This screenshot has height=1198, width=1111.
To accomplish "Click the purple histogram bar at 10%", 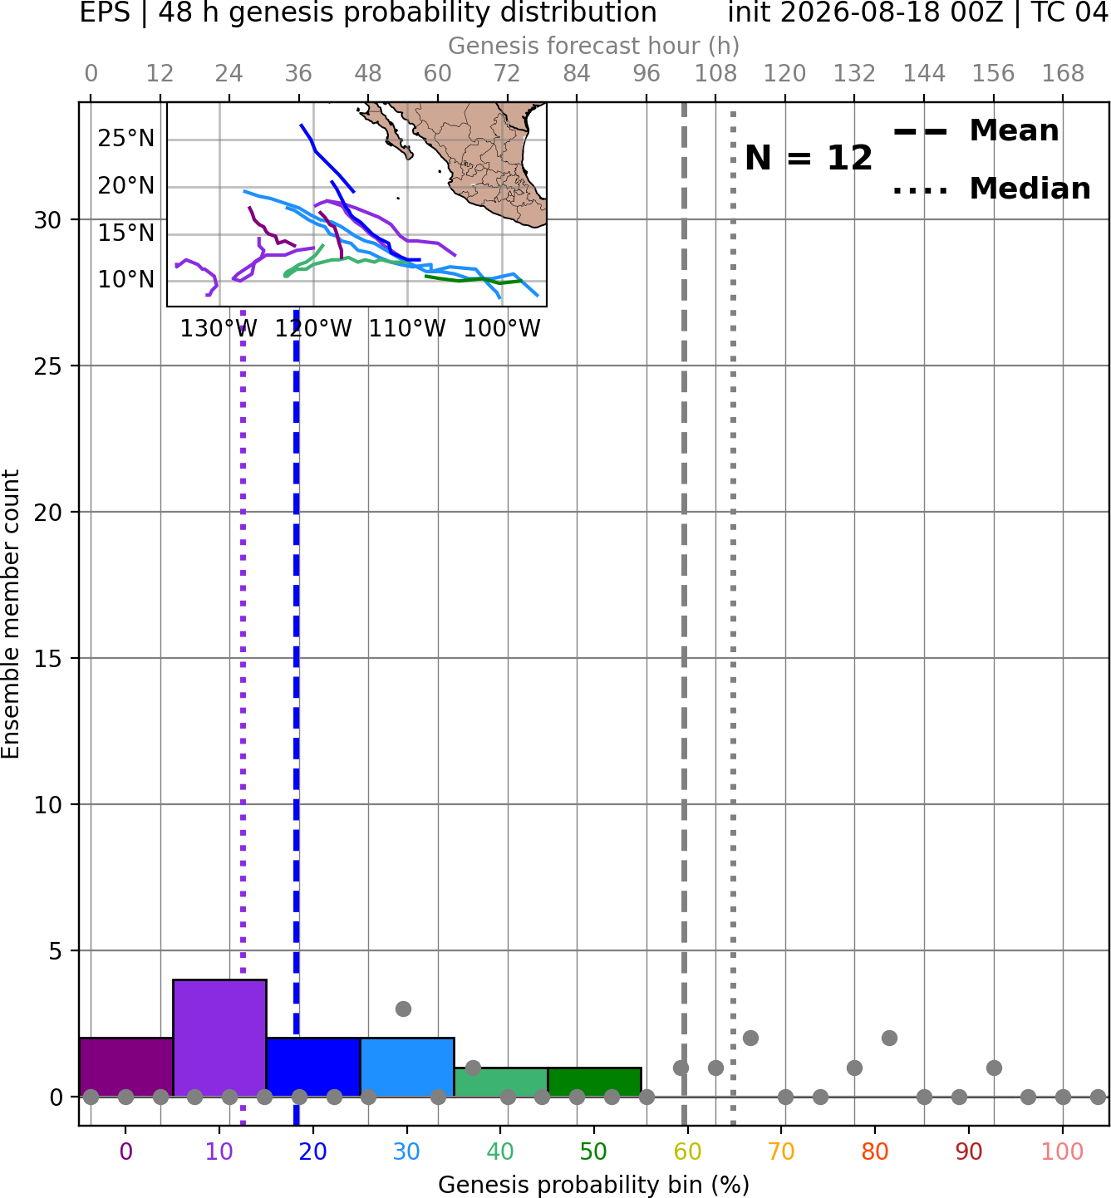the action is (219, 1038).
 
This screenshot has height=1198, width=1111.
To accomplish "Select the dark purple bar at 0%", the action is (126, 1067).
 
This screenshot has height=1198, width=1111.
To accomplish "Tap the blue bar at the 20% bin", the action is (313, 1067).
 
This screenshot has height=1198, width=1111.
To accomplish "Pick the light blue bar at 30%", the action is (407, 1067).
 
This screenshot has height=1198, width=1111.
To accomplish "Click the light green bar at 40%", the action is (501, 1083).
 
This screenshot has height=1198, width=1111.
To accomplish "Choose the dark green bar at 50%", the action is (594, 1083).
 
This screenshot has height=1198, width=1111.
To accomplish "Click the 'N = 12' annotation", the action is (809, 158).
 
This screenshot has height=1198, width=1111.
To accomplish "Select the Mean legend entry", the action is (976, 131).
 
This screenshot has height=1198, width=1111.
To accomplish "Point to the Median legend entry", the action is (991, 189).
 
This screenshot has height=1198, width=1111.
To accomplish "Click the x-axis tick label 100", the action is (1063, 1151).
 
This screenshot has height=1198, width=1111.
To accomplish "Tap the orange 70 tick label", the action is (781, 1151).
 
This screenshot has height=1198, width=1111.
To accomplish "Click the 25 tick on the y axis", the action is (47, 366).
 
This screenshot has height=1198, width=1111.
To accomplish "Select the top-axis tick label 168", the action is (1064, 74).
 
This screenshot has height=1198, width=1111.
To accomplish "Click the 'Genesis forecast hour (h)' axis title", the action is (594, 46).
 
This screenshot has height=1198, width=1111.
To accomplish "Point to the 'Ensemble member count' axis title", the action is (11, 614).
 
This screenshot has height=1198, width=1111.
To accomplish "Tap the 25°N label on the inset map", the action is (126, 138).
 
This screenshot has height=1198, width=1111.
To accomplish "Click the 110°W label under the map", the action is (406, 329).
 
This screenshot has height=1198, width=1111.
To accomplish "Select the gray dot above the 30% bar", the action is (403, 1009).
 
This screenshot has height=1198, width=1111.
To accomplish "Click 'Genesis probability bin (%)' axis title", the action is (594, 1185).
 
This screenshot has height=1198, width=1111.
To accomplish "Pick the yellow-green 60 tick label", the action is (688, 1151).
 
